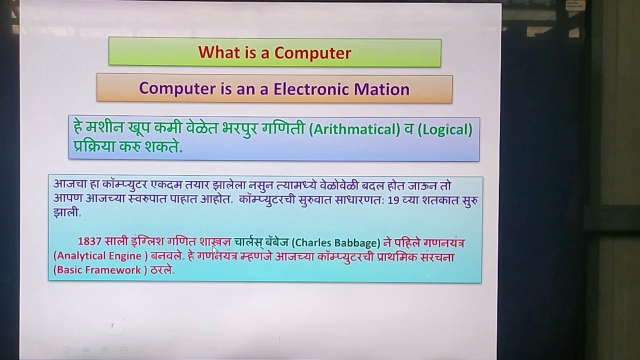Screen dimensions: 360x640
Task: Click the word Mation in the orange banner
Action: click(x=382, y=89)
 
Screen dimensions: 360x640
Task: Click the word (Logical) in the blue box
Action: click(x=444, y=130)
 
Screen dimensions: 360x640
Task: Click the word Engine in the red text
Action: click(x=128, y=256)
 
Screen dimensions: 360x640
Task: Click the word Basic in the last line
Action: click(x=69, y=270)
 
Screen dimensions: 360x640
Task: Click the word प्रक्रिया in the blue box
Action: click(x=98, y=148)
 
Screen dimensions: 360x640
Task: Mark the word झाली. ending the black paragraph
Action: click(x=67, y=213)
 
